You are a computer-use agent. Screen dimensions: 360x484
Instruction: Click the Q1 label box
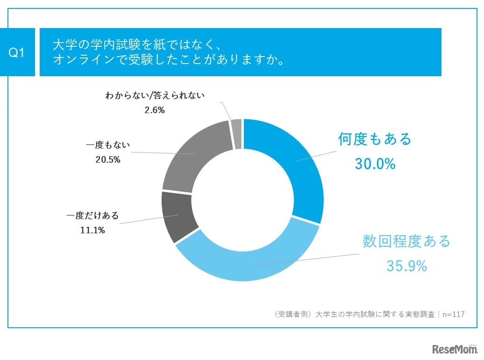click(x=17, y=53)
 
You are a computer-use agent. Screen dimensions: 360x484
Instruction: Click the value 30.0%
click(x=375, y=164)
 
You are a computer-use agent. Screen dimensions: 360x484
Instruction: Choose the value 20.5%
click(x=108, y=159)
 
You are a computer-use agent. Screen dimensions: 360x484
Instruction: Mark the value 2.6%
click(x=155, y=110)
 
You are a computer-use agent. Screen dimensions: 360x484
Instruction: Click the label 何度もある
click(x=375, y=139)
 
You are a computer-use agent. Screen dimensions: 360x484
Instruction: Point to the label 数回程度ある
click(x=406, y=241)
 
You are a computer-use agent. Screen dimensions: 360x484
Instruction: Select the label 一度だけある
click(x=93, y=216)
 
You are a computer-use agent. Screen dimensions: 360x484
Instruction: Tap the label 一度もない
click(x=108, y=145)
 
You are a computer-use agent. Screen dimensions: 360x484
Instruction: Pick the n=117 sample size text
click(x=453, y=314)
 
